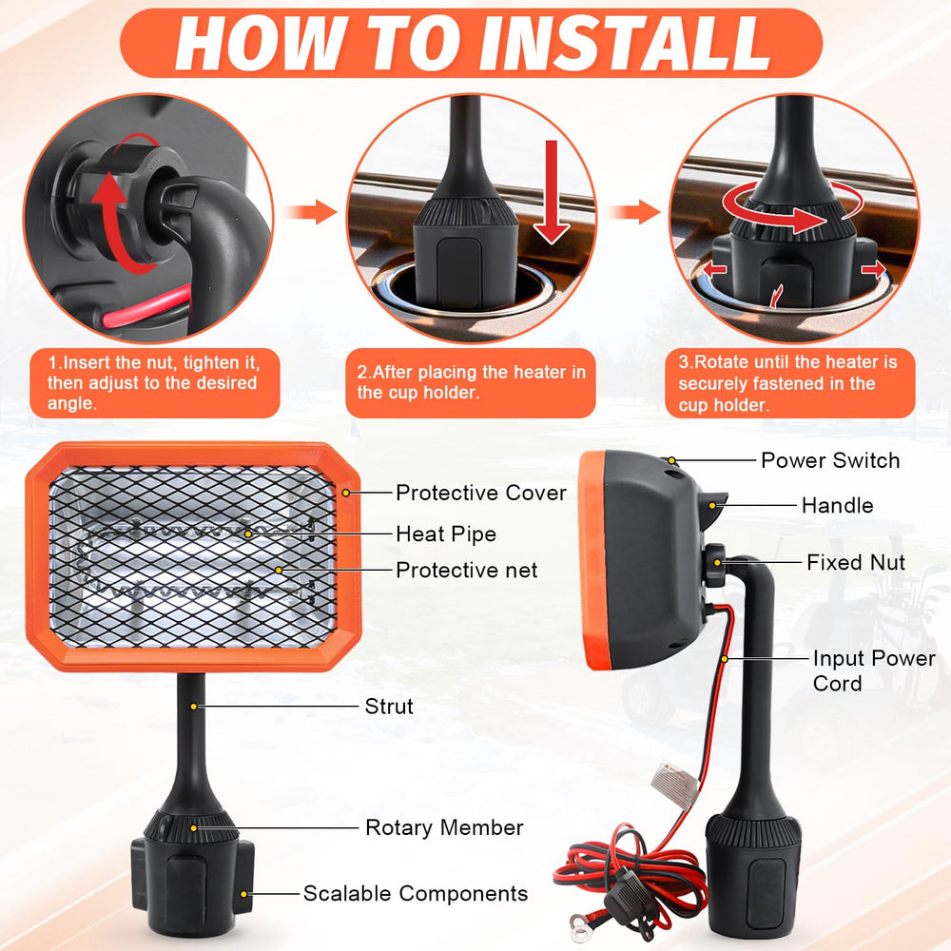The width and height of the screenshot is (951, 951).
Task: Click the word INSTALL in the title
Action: [x=629, y=43]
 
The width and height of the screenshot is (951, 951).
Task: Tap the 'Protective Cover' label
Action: [x=481, y=493]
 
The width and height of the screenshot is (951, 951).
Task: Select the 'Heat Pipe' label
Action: [x=446, y=534]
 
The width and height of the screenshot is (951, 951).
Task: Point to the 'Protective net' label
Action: [x=466, y=570]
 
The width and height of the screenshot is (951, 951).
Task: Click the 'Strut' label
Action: [x=389, y=706]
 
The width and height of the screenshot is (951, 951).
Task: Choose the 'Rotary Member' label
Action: [x=444, y=827]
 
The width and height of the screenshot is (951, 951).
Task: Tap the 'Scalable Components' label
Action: [x=416, y=893]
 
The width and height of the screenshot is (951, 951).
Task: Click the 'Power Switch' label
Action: [x=830, y=460]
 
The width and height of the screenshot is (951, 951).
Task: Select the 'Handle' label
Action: [x=837, y=505]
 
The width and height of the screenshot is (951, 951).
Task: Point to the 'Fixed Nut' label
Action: [x=856, y=562]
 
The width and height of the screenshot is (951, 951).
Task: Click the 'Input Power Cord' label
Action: [x=874, y=670]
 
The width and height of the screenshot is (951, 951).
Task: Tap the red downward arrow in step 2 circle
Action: [x=551, y=192]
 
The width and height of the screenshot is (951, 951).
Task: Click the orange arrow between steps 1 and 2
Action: [x=311, y=212]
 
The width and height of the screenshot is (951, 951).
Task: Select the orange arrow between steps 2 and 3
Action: [x=634, y=212]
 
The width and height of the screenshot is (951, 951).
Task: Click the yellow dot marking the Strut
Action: [x=193, y=707]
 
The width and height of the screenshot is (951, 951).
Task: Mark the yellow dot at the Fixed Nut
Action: [x=717, y=563]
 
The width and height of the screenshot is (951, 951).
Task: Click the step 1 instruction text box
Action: [x=155, y=382]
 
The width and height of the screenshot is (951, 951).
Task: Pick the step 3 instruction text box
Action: [x=789, y=382]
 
